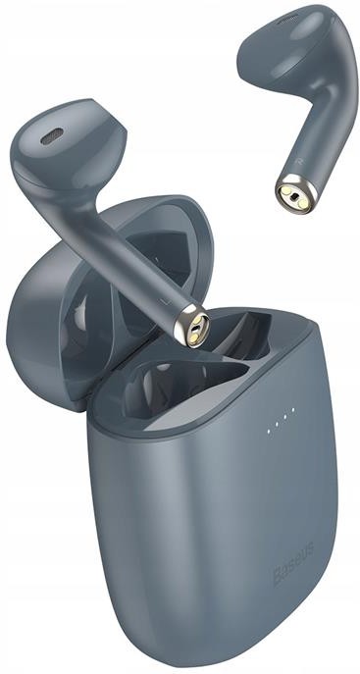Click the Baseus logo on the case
coord(293,563)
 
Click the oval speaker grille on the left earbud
coord(52,135)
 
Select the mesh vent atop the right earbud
coord(287,18)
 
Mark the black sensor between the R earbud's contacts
coord(294,198)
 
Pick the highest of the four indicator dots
coord(293,409)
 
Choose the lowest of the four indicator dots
coord(269,431)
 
